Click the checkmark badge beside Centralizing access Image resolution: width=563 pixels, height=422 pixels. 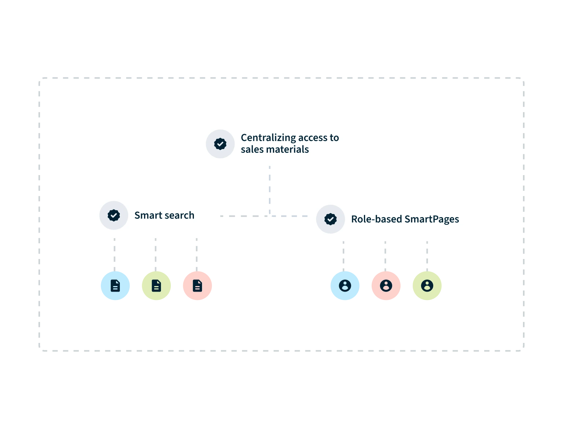[x=220, y=144]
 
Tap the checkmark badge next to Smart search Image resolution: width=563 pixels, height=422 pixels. [x=114, y=215]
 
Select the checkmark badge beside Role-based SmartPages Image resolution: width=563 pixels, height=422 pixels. [x=330, y=219]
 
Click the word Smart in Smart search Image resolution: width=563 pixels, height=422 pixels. [x=148, y=215]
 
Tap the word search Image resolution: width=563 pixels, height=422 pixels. [x=179, y=215]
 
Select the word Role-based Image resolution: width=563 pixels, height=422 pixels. [x=376, y=219]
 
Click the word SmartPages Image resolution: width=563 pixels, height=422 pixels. [x=432, y=219]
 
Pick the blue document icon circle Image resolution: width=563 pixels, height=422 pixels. [x=115, y=286]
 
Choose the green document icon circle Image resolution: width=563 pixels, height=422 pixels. [x=156, y=286]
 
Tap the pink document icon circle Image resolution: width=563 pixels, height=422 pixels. [x=197, y=286]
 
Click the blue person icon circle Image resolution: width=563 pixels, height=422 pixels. [x=345, y=286]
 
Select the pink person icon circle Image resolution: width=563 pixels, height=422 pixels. [x=386, y=286]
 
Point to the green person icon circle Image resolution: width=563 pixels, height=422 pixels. [x=427, y=286]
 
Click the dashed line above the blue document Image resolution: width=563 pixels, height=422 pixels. [x=114, y=255]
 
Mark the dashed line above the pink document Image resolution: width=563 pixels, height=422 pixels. [x=196, y=255]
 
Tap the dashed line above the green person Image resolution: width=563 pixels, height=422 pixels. [x=427, y=256]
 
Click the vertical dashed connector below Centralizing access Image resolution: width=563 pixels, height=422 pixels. [x=269, y=190]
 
